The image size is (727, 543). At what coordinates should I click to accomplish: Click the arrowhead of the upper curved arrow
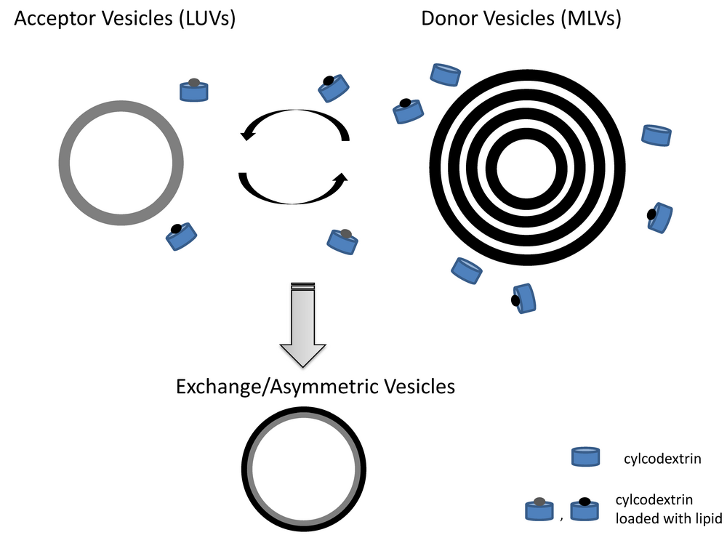[x=249, y=133]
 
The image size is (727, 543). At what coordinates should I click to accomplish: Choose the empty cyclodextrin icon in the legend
[x=585, y=456]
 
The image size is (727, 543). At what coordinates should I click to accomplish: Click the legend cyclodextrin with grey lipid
[x=539, y=510]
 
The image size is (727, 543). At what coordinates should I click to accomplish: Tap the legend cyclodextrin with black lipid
[x=585, y=510]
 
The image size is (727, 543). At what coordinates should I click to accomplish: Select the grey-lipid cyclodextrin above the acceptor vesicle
[x=194, y=90]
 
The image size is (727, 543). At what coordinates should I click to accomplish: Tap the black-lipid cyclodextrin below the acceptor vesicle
[x=182, y=237]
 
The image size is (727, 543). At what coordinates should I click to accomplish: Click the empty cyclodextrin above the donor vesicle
[x=446, y=73]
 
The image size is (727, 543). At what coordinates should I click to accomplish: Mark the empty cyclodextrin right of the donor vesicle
[x=657, y=135]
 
